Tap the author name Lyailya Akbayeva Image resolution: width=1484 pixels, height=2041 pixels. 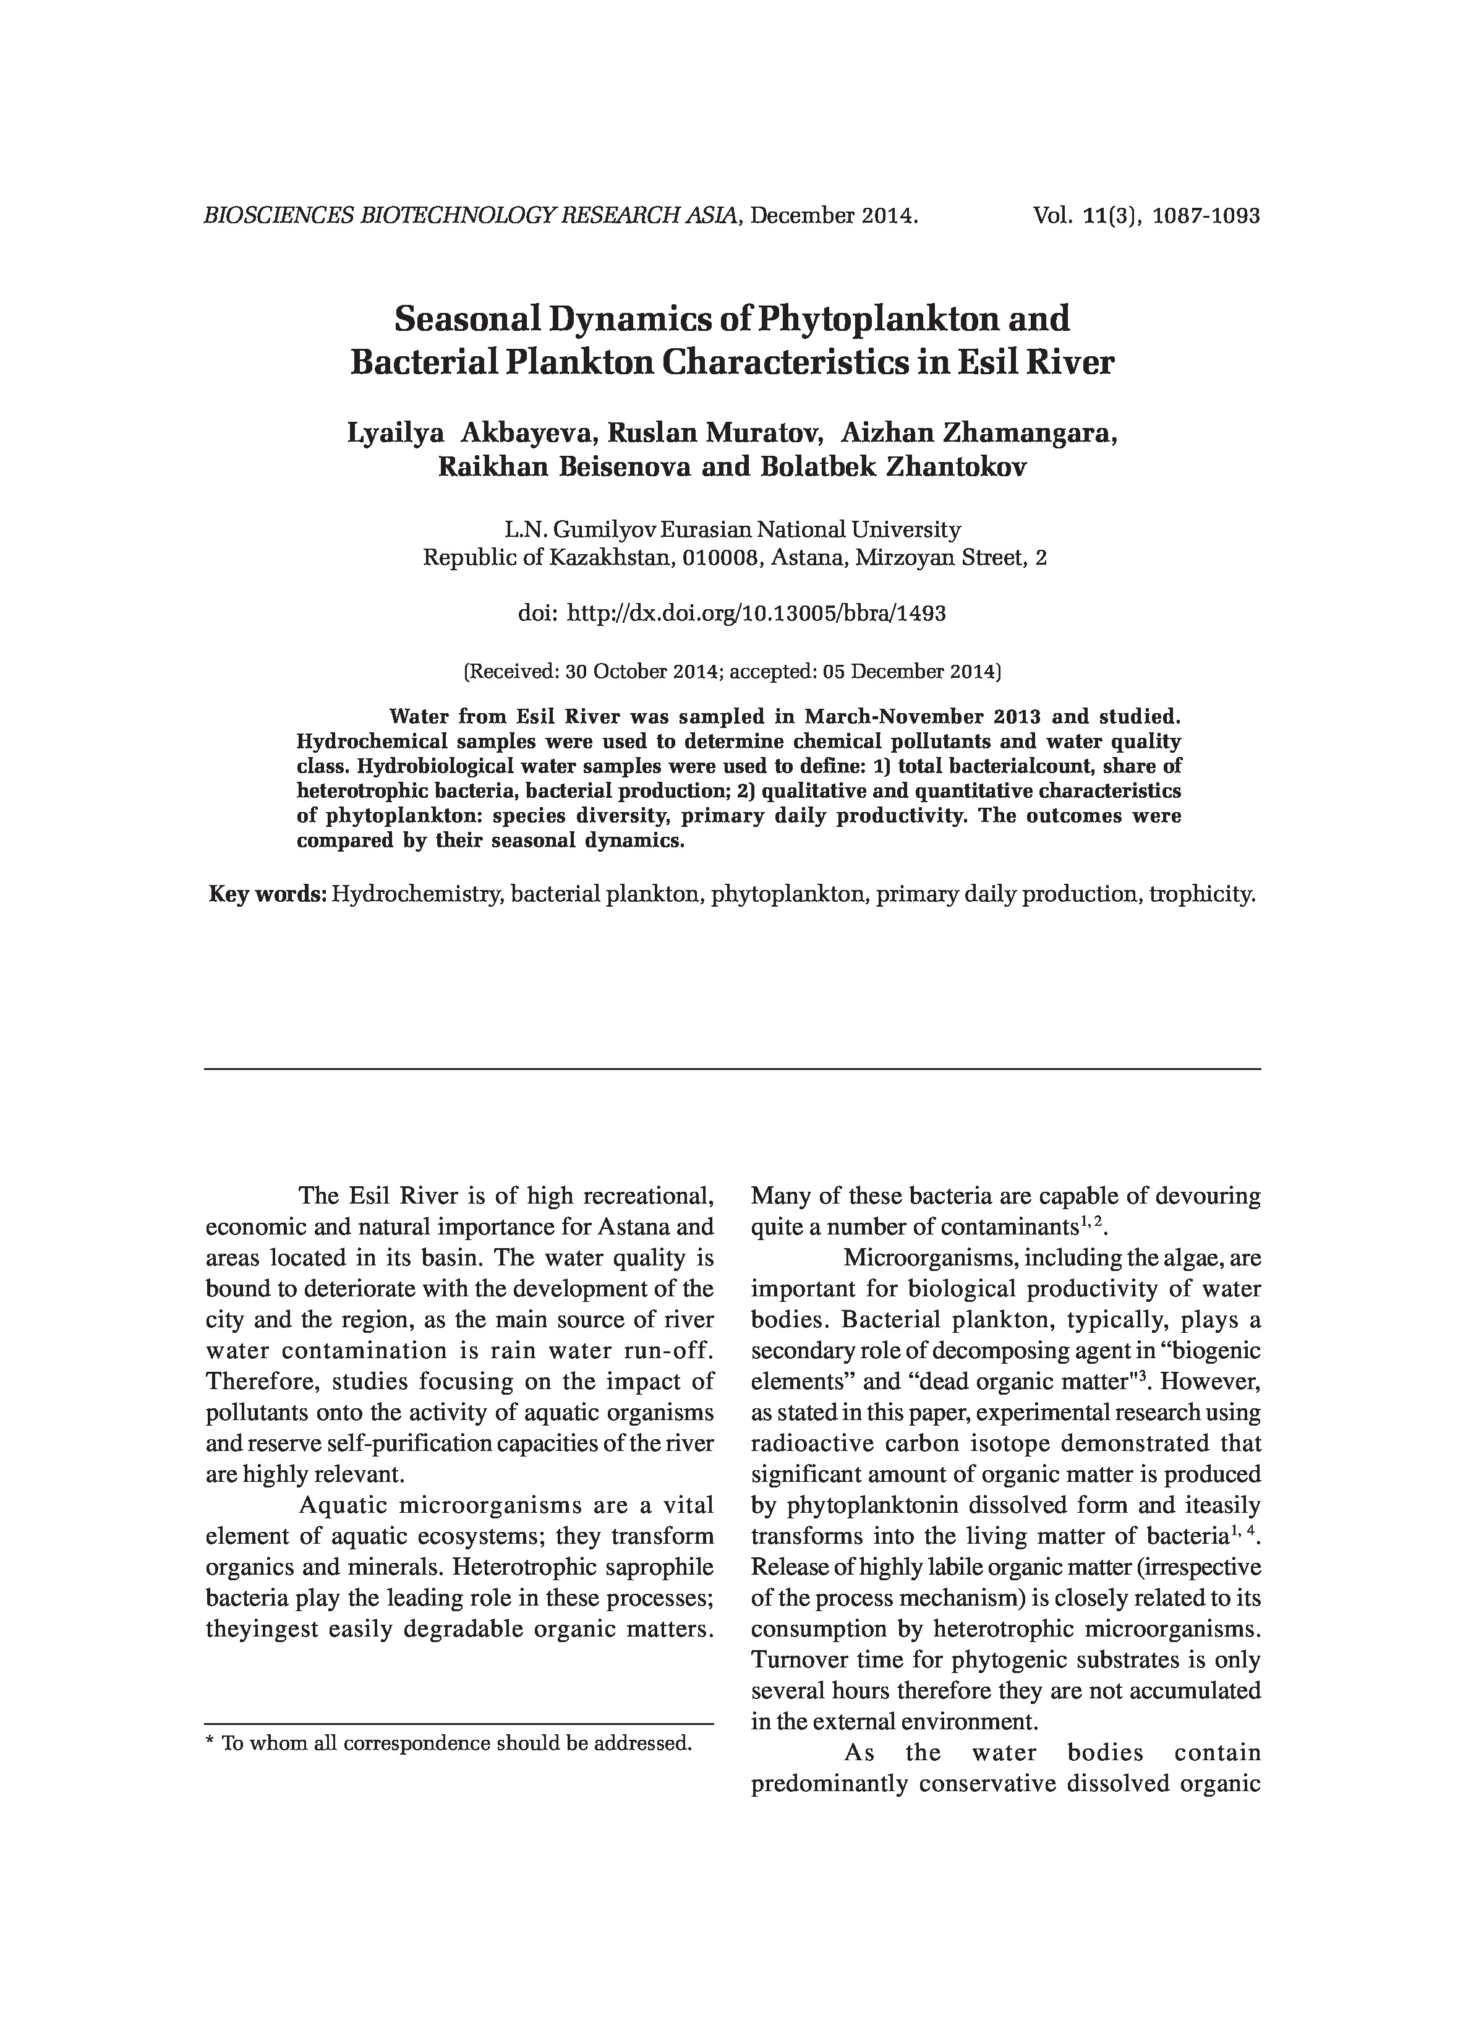[x=472, y=433]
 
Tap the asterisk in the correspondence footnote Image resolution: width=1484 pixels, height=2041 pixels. [x=211, y=1745]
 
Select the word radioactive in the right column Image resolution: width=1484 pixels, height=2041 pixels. [x=806, y=1444]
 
